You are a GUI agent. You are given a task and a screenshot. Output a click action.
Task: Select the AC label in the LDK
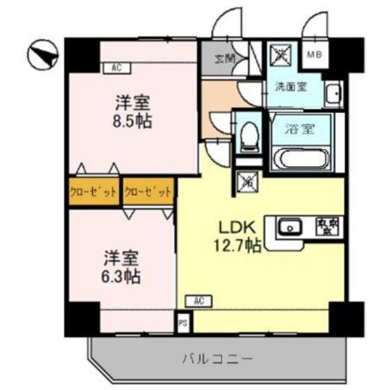(x=198, y=301)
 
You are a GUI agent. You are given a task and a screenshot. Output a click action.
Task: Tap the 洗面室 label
(x=287, y=88)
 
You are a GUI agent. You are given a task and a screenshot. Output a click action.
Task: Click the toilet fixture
(x=247, y=136)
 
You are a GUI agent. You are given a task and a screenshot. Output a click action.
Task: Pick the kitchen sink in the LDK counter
(x=289, y=226)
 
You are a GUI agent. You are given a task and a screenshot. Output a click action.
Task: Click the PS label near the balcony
(x=182, y=323)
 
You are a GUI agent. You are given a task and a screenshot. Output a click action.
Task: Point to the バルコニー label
(x=216, y=359)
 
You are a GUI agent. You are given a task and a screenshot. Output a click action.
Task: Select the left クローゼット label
(x=93, y=191)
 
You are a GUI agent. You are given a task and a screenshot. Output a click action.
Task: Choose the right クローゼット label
(x=148, y=191)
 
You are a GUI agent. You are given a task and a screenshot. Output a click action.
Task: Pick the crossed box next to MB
(x=282, y=54)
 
